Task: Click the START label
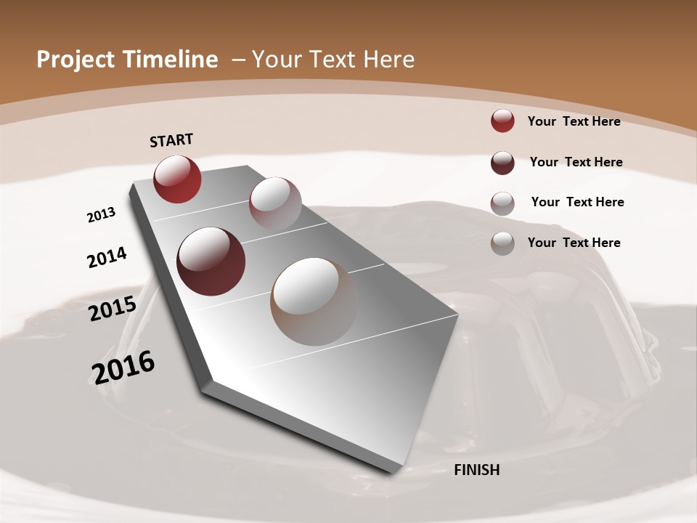click(171, 140)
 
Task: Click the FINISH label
click(476, 470)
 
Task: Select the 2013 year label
click(101, 215)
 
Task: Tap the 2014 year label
click(107, 258)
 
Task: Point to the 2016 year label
click(123, 368)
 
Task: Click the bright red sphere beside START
click(177, 179)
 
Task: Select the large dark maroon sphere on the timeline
click(211, 261)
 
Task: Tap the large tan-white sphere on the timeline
click(314, 301)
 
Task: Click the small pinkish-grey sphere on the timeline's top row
click(275, 203)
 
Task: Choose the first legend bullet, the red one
click(502, 121)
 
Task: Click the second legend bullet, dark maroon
click(502, 163)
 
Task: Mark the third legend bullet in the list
click(502, 203)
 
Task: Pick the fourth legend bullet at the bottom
click(502, 243)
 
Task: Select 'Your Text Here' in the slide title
click(333, 60)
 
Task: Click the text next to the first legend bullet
click(574, 121)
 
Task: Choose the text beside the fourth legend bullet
click(574, 243)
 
